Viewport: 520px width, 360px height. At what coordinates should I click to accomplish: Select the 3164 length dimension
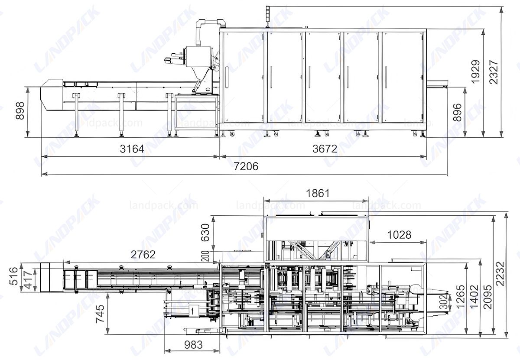tap(132, 149)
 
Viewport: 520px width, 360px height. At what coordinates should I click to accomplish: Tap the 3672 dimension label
tap(325, 149)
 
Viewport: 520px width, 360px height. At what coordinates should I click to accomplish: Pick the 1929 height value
tap(475, 72)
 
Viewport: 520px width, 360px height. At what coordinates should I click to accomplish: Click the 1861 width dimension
tap(317, 193)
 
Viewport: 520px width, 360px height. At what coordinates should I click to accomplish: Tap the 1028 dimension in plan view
tap(399, 235)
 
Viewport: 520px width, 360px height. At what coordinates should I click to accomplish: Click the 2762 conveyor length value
tap(143, 255)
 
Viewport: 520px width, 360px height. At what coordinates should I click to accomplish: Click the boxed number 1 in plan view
tap(192, 310)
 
